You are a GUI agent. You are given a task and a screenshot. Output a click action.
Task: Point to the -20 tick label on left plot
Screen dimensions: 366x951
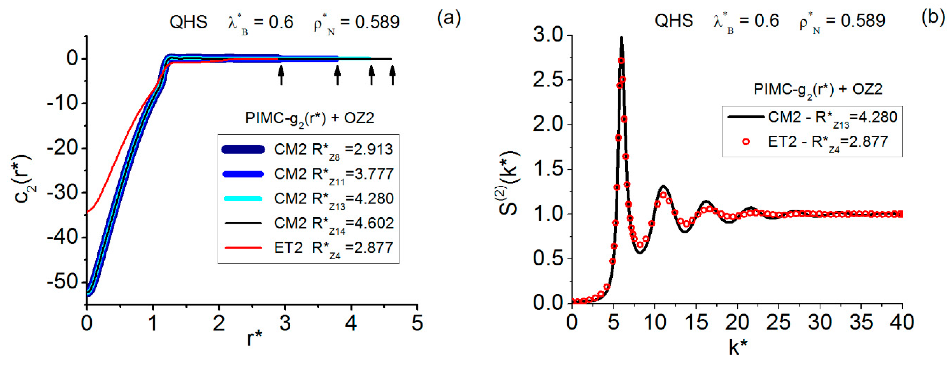tap(62, 148)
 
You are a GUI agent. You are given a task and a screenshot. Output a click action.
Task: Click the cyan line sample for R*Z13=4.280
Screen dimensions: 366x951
tap(243, 199)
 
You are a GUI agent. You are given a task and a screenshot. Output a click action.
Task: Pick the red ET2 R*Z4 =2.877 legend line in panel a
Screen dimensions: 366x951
tap(243, 248)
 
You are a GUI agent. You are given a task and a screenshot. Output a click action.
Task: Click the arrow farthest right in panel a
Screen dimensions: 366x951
tap(392, 75)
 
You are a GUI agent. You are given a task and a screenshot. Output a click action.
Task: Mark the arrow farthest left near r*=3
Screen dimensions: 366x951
tap(281, 75)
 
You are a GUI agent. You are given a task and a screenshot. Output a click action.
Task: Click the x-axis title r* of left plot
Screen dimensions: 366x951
tap(254, 338)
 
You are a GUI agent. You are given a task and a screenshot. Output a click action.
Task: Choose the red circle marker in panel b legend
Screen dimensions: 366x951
tap(746, 142)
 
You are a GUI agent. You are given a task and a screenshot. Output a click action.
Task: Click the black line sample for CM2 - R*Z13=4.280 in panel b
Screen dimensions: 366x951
tap(746, 117)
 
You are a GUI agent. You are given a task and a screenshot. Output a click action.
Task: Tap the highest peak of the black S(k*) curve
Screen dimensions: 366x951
tap(621, 38)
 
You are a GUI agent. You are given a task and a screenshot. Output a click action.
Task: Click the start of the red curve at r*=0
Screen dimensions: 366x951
tap(87, 212)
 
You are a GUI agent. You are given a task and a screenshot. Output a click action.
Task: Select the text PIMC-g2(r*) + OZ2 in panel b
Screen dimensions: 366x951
tap(818, 90)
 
